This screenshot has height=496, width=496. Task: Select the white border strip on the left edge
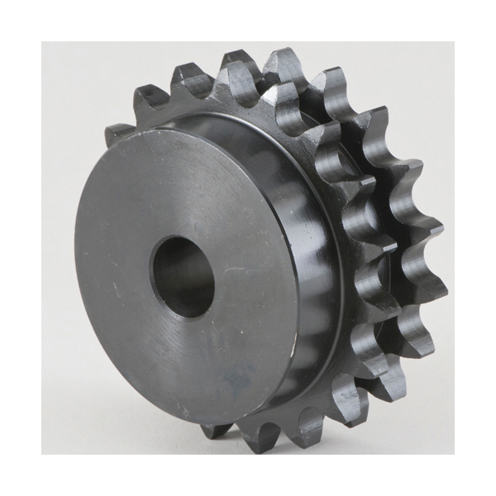(x=21, y=248)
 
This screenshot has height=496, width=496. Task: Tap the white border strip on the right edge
(x=475, y=248)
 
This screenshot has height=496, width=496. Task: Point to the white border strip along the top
(x=248, y=21)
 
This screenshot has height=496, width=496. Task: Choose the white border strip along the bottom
(x=248, y=475)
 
